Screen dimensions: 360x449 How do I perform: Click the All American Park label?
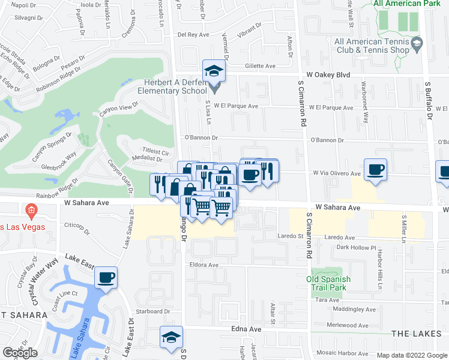point(406,4)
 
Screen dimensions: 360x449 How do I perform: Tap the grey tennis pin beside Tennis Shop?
point(417,43)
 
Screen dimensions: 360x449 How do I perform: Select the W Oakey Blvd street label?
point(328,75)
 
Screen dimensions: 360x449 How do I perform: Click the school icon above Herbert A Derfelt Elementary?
point(213,71)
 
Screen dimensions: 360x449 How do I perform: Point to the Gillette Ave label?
point(259,67)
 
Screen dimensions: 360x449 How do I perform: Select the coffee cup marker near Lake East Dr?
point(106,277)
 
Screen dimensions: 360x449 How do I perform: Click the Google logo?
point(20,353)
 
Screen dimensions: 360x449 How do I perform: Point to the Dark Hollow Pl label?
point(356,247)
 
